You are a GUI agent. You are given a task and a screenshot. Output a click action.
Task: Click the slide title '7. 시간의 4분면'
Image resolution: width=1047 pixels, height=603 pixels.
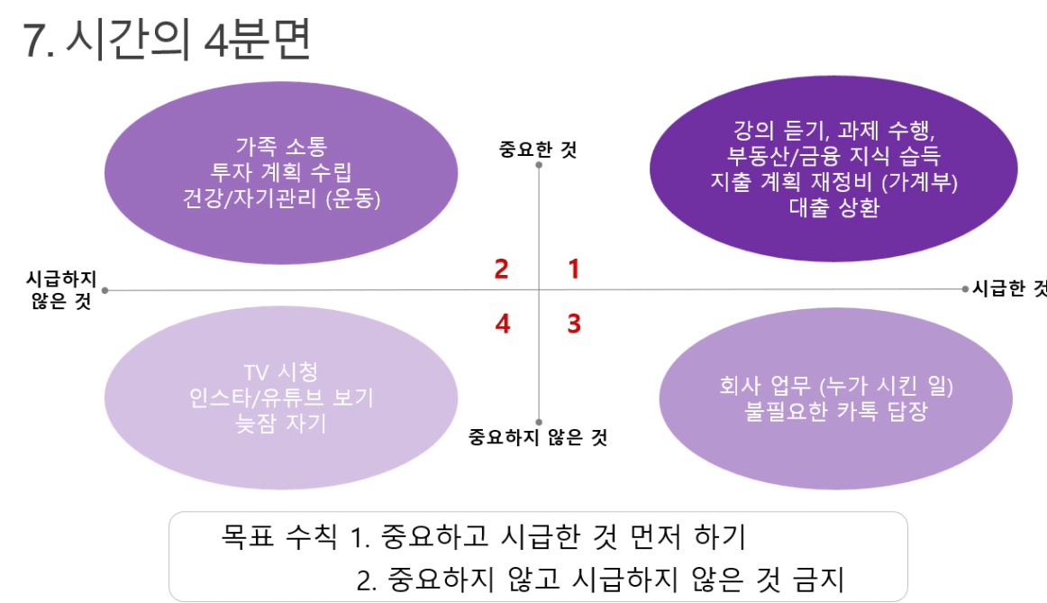tap(167, 40)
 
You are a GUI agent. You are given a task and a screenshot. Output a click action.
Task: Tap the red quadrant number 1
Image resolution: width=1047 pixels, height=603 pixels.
tap(574, 270)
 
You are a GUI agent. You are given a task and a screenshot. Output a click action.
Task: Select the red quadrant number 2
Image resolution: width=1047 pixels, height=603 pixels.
tap(502, 270)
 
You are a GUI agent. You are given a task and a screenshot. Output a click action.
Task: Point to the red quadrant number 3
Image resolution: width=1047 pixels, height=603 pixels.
tap(574, 324)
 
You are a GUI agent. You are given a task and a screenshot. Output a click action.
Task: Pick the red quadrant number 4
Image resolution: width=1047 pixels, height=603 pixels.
tap(503, 324)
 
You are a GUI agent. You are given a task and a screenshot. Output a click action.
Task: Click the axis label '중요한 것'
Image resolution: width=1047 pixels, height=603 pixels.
tap(538, 149)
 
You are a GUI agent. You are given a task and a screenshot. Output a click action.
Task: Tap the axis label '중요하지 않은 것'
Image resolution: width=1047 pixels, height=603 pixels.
tap(538, 437)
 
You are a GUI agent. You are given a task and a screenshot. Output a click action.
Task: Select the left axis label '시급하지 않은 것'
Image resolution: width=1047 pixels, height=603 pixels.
tap(60, 290)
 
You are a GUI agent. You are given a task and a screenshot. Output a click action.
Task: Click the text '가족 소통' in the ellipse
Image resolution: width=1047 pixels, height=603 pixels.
tap(281, 146)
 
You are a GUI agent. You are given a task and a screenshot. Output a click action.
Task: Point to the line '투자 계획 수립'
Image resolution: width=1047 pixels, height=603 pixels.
tap(281, 172)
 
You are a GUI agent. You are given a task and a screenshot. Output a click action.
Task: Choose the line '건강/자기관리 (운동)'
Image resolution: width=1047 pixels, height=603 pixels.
tap(281, 198)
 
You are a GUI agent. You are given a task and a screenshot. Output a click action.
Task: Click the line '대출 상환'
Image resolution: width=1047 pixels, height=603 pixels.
tap(834, 207)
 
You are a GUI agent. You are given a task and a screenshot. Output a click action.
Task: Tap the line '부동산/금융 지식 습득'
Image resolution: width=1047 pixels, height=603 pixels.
tap(834, 156)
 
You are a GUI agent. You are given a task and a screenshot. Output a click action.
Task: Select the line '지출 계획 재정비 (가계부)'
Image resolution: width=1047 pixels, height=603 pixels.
tap(834, 182)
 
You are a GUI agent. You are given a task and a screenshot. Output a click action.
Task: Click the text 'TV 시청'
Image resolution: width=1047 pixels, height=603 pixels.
tap(281, 372)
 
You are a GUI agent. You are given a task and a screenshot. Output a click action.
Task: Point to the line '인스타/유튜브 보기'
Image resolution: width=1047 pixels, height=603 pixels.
tap(281, 398)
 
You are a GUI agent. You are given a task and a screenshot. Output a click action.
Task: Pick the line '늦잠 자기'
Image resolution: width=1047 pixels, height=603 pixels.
tap(281, 424)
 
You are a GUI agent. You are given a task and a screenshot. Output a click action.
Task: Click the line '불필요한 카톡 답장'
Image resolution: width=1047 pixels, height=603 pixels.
tap(836, 411)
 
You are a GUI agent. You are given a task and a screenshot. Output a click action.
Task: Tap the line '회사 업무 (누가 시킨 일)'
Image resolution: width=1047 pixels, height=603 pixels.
tap(836, 385)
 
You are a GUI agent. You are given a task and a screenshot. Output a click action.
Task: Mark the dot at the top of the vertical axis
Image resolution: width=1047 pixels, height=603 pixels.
tap(539, 165)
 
